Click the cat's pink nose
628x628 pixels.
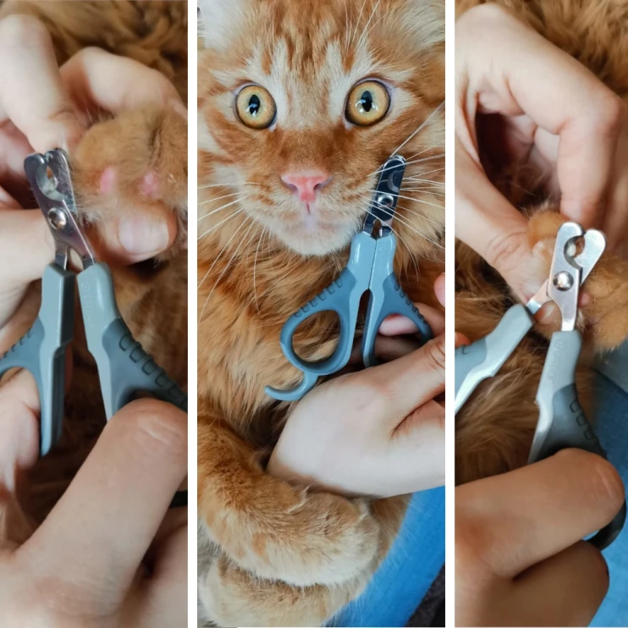(x=306, y=183)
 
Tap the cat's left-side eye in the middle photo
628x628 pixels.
(x=255, y=107)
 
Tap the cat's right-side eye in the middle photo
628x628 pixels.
(x=367, y=103)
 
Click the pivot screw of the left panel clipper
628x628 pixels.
(x=58, y=218)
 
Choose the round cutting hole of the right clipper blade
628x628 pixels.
(x=576, y=247)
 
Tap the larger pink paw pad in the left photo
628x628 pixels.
(x=107, y=180)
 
